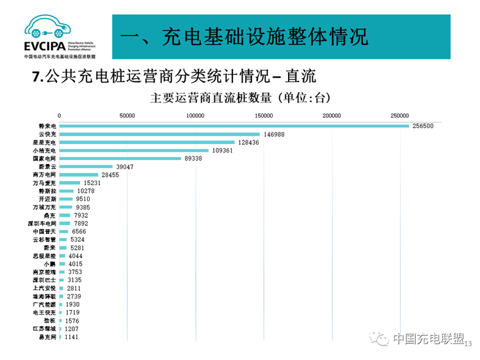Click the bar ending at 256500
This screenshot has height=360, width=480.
234,126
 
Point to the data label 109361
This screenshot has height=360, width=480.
225,151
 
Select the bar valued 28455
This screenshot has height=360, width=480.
78,174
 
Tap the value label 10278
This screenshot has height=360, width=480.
86,191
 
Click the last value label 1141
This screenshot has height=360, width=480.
71,337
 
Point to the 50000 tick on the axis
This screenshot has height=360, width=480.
127,115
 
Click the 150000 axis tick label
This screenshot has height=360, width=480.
264,115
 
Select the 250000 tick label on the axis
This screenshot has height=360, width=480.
399,115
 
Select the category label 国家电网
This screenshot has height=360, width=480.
45,158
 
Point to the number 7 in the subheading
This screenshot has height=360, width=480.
36,77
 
